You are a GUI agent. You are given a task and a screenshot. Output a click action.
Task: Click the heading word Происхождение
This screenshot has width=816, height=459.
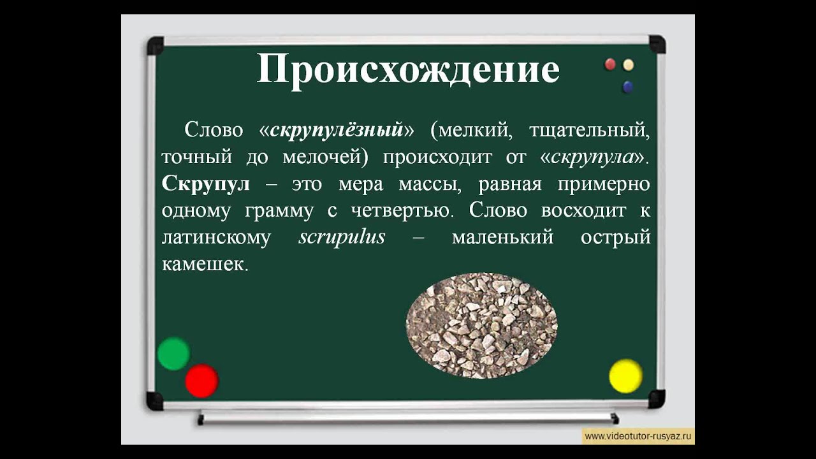(408, 70)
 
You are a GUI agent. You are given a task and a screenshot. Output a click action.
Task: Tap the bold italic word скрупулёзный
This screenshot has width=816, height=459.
(337, 130)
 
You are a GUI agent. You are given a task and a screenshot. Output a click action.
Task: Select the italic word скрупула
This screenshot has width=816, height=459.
(594, 157)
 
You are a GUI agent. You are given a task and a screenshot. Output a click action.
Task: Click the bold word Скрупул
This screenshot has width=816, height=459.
(206, 185)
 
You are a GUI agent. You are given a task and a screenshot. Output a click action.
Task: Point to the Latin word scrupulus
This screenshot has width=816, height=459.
(342, 237)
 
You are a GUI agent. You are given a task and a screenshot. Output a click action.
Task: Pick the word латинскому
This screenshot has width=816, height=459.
(216, 238)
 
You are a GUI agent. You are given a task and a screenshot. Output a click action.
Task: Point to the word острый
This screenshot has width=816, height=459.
(616, 238)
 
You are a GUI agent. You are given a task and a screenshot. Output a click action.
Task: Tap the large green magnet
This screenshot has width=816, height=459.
(173, 354)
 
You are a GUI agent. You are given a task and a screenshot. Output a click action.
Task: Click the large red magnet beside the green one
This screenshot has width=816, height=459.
(201, 381)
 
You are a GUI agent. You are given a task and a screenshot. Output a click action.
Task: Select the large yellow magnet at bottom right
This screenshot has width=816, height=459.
(625, 376)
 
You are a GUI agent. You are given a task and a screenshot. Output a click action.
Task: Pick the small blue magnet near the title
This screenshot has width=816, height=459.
(628, 87)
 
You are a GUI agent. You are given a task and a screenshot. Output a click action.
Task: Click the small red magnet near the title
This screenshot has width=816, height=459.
(610, 64)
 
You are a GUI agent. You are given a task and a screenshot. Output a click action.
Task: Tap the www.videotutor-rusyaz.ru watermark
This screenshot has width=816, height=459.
(638, 437)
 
